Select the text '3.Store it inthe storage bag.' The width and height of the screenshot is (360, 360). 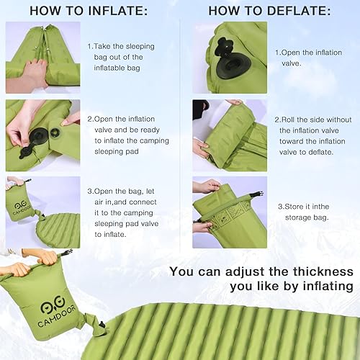307,211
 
